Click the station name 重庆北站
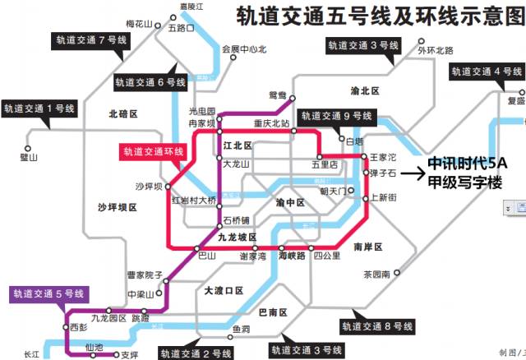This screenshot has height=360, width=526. (271, 124)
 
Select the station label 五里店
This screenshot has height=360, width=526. (325, 164)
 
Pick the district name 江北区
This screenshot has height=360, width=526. (237, 145)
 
